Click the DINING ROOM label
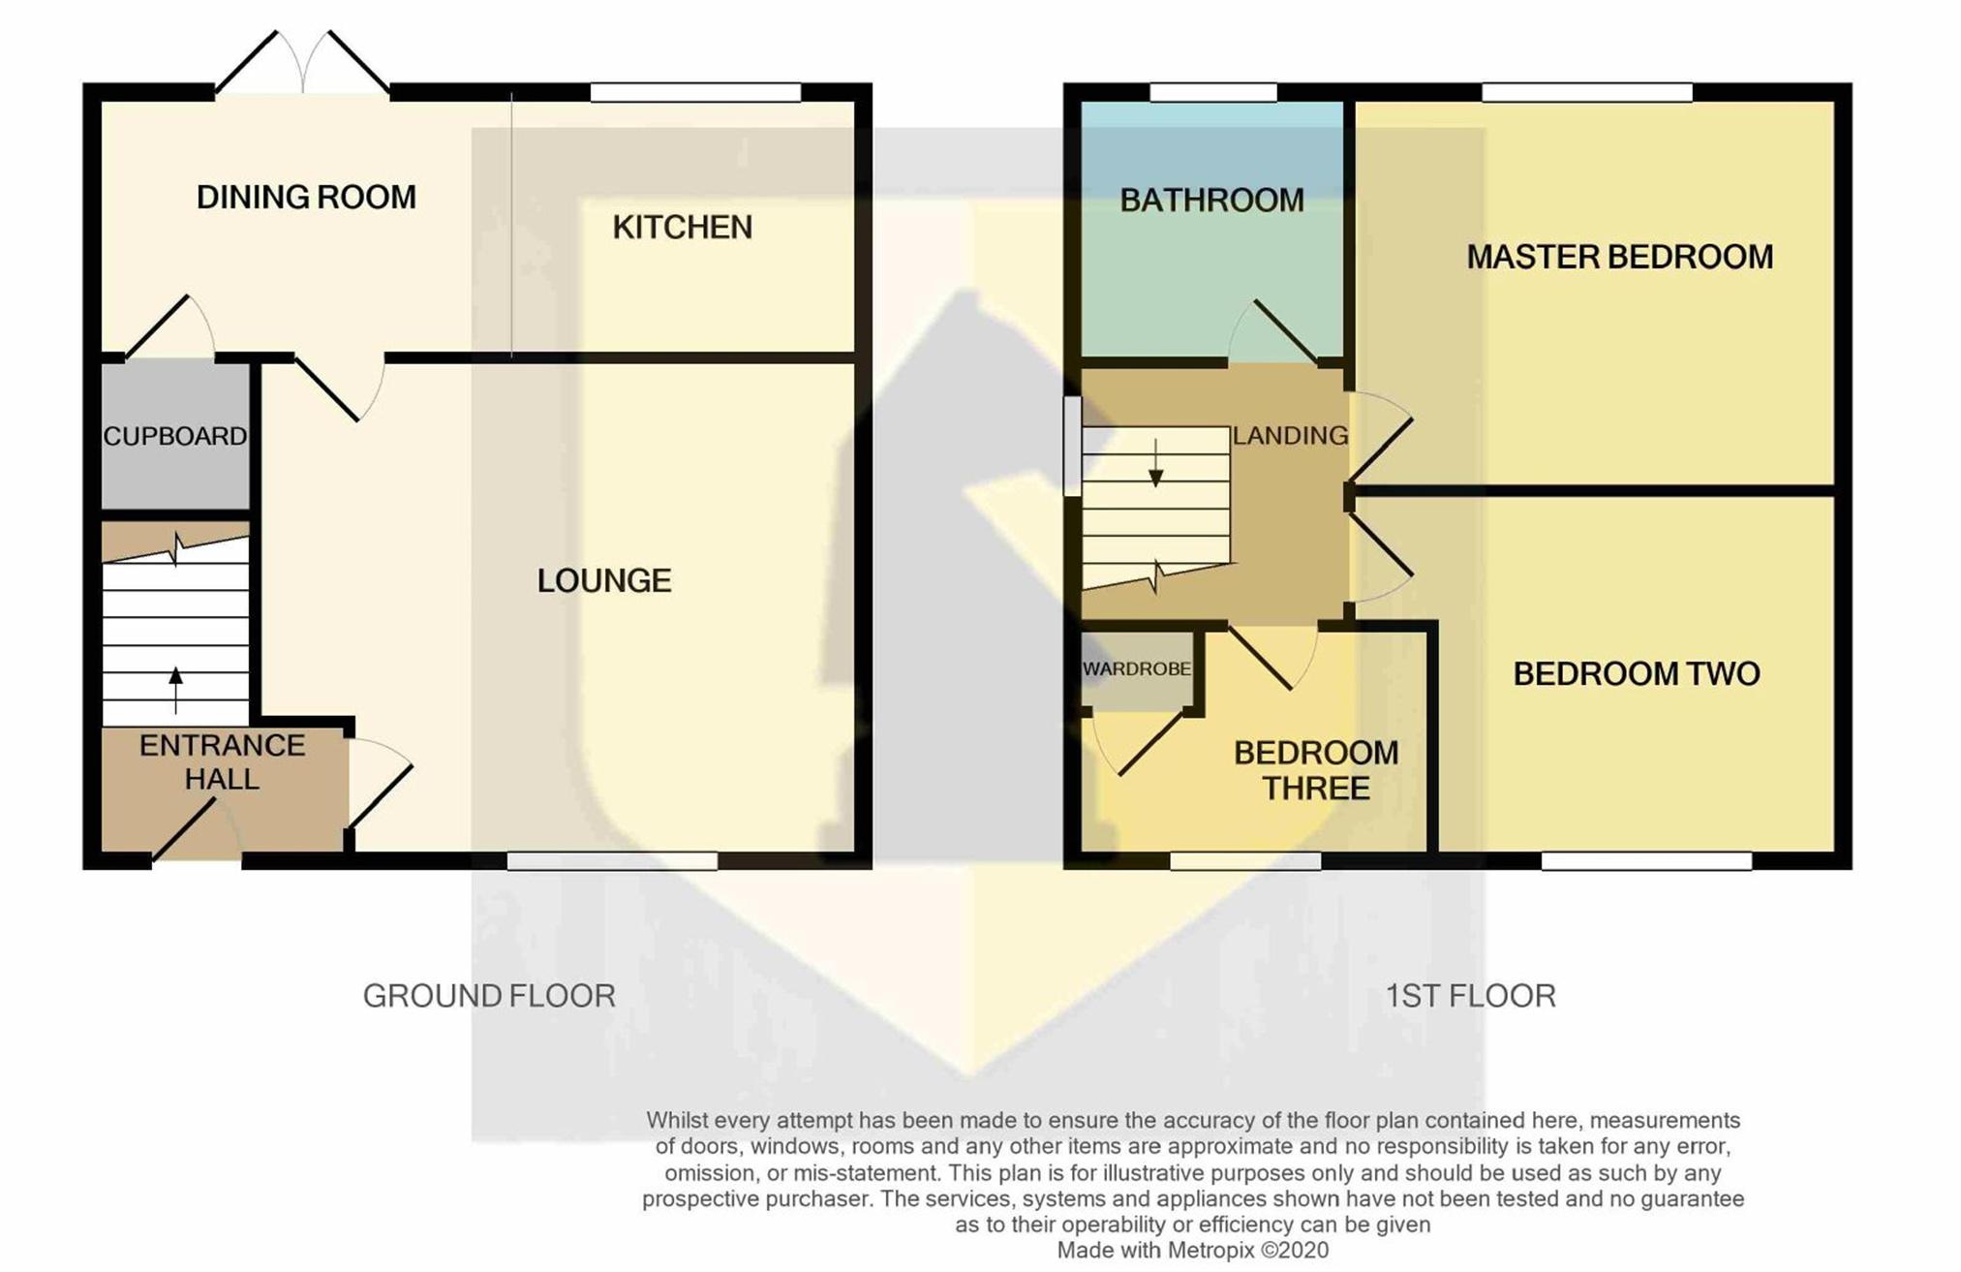pyautogui.click(x=306, y=198)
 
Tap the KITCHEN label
pyautogui.click(x=683, y=228)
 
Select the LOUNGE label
pyautogui.click(x=604, y=581)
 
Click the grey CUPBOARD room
pyautogui.click(x=175, y=435)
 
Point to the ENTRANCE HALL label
pyautogui.click(x=223, y=762)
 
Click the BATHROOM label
pyautogui.click(x=1211, y=201)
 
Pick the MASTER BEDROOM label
pyautogui.click(x=1620, y=257)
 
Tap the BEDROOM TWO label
pyautogui.click(x=1637, y=674)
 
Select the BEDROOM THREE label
pyautogui.click(x=1316, y=770)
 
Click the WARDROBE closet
pyautogui.click(x=1137, y=670)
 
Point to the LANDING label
pyautogui.click(x=1290, y=436)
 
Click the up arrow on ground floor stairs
pyautogui.click(x=175, y=690)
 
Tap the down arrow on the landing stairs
pyautogui.click(x=1155, y=463)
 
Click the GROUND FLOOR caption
pyautogui.click(x=489, y=996)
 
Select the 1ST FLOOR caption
pyautogui.click(x=1470, y=996)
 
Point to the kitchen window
pyautogui.click(x=695, y=93)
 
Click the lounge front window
pyautogui.click(x=612, y=861)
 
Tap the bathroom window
pyautogui.click(x=1212, y=93)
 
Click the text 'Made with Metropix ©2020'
pyautogui.click(x=1192, y=1251)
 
